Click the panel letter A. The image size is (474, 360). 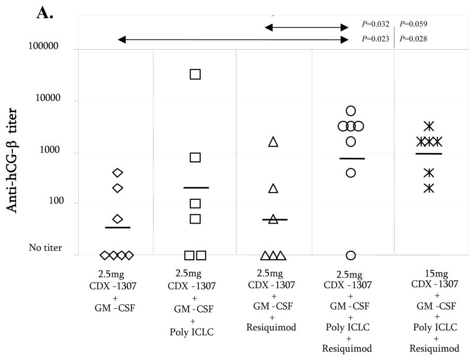pos(45,12)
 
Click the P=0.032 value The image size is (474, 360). pos(375,24)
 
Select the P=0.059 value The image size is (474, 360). pos(414,24)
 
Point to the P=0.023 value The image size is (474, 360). pos(375,39)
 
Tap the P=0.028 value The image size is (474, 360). pos(414,39)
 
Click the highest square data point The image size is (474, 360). pos(195,74)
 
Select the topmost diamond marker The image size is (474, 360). pos(117,173)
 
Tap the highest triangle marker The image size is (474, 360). pos(273,142)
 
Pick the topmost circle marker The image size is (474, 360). pos(351,111)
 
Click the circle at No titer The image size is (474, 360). pos(351,255)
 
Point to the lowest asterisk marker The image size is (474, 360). pos(429,188)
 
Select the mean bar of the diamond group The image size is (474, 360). pos(117,227)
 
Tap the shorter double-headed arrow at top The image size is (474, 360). pos(306,27)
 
